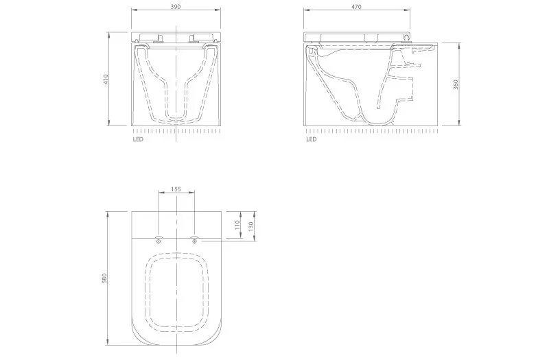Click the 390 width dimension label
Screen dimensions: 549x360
click(176, 7)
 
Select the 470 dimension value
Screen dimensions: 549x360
click(356, 7)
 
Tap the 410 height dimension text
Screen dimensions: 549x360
click(106, 79)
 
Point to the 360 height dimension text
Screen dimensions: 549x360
click(456, 84)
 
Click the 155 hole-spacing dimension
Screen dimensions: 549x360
click(176, 189)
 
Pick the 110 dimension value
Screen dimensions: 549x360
click(237, 225)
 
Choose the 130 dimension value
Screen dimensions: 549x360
click(250, 226)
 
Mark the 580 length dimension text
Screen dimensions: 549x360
click(104, 278)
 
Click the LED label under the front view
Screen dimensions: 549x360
click(138, 139)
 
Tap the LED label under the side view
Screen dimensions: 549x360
click(312, 139)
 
